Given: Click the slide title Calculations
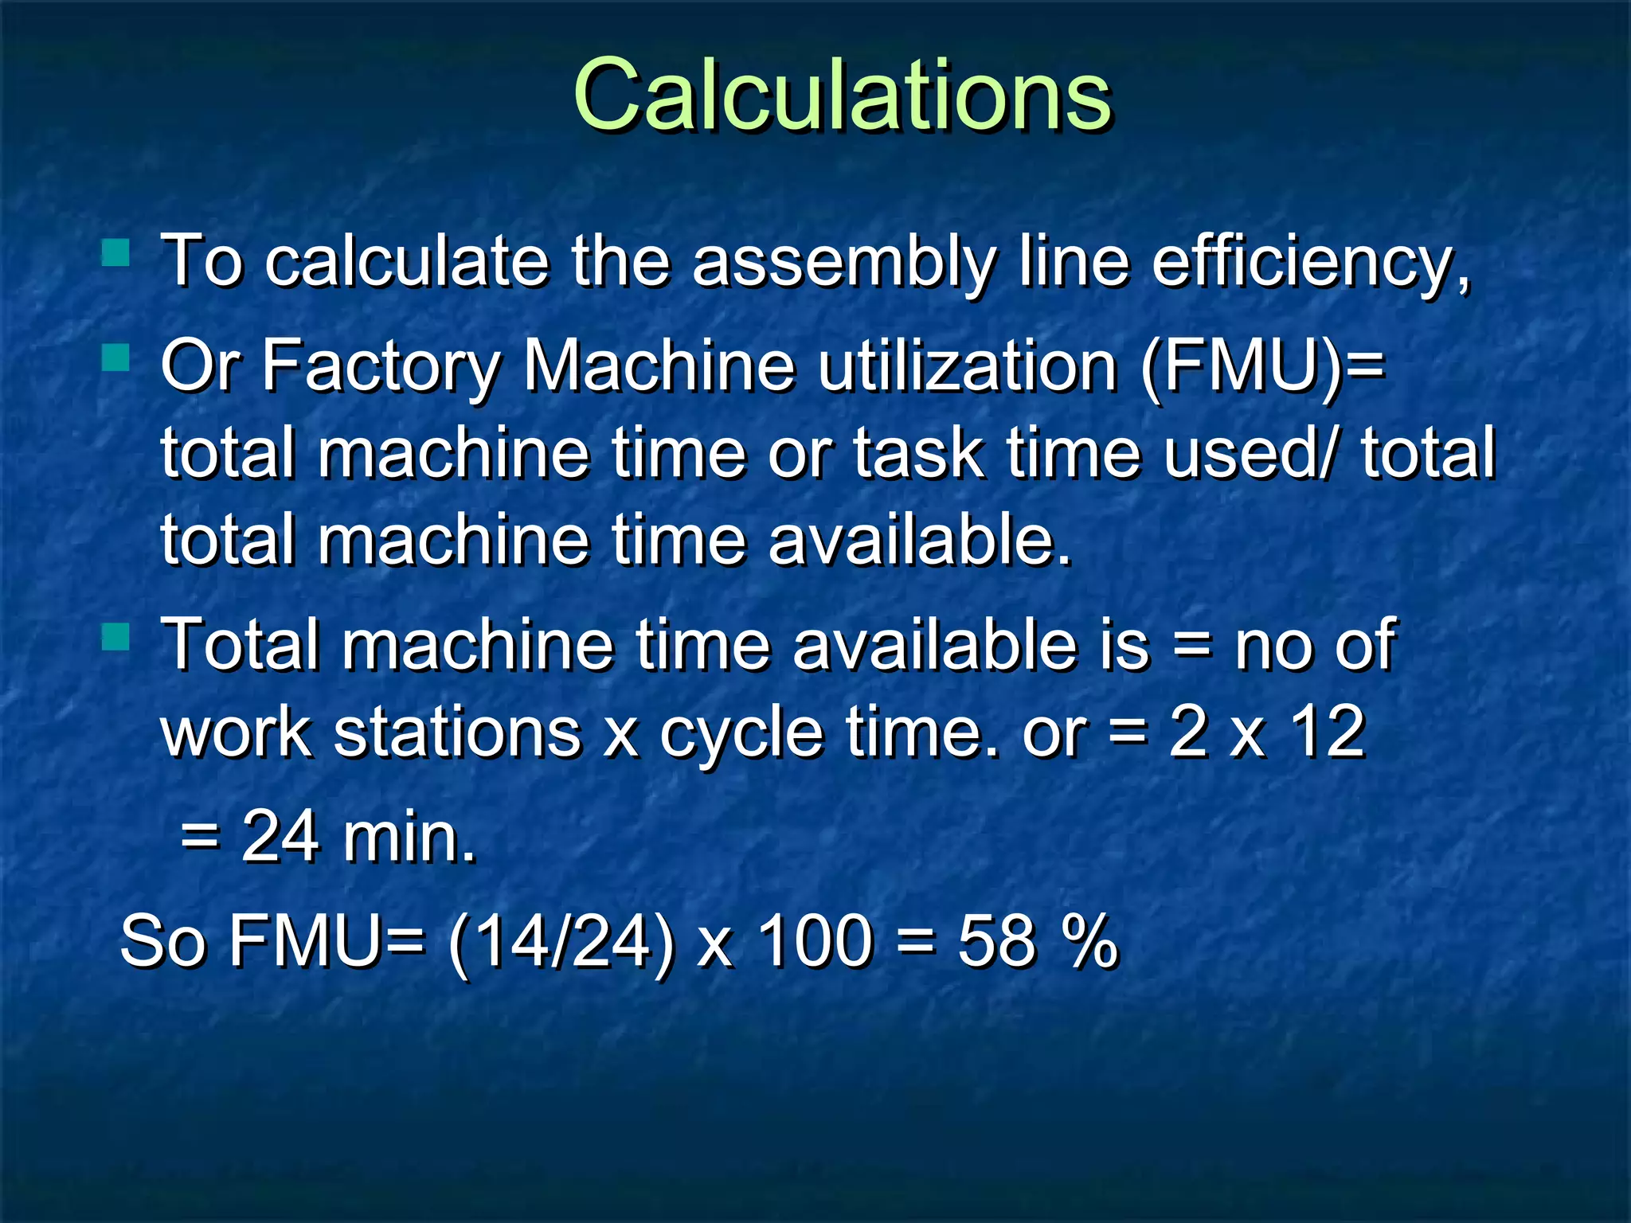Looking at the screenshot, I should pyautogui.click(x=842, y=96).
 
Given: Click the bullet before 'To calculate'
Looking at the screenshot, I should pyautogui.click(x=116, y=253).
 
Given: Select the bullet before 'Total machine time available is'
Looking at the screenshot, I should pyautogui.click(x=116, y=637).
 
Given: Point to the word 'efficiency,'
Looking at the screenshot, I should pyautogui.click(x=1310, y=263).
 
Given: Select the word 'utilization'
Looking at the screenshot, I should pyautogui.click(x=968, y=366).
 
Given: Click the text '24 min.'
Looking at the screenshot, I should pyautogui.click(x=358, y=838).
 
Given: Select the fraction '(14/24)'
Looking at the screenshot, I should pyautogui.click(x=561, y=942).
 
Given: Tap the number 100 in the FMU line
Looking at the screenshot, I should pyautogui.click(x=814, y=942).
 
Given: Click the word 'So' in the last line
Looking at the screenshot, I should pyautogui.click(x=163, y=942).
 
